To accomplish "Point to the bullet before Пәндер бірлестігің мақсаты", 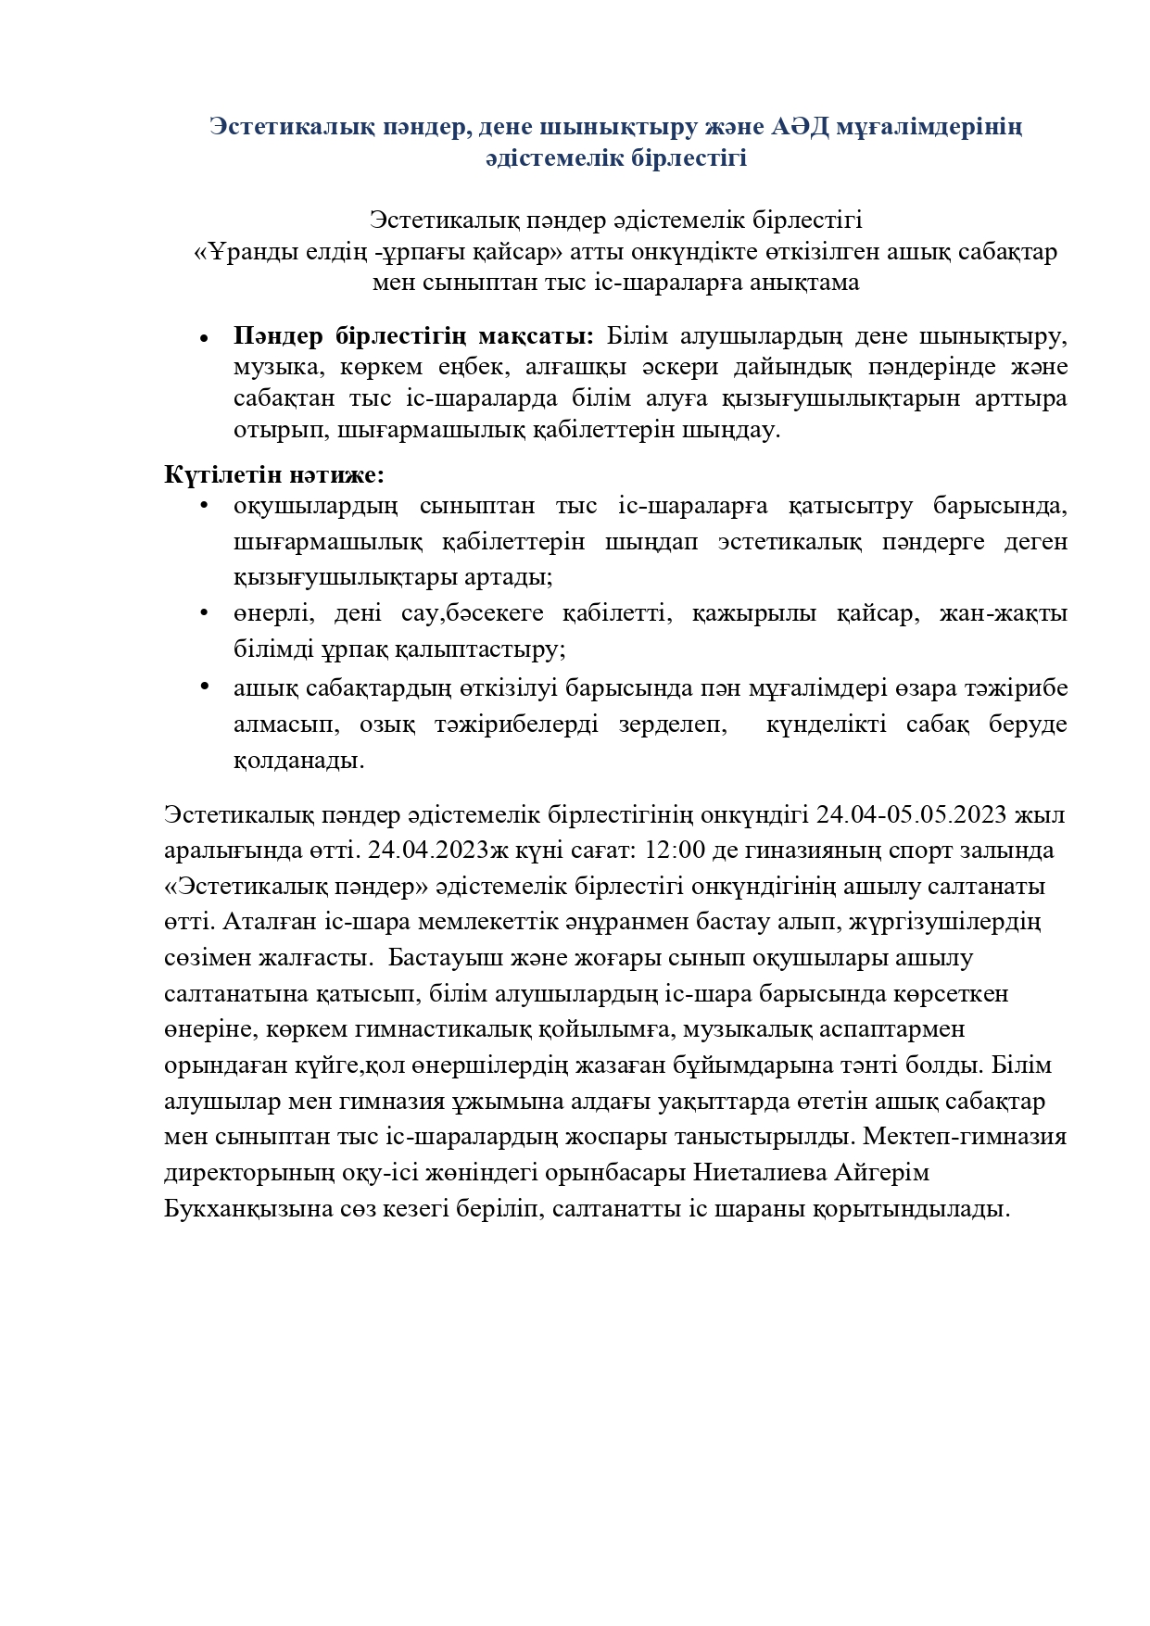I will coord(203,338).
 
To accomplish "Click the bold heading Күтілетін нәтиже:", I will coord(273,475).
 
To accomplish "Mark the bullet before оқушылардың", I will coord(203,505).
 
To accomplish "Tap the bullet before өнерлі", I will coord(203,611).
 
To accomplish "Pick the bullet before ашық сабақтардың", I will coord(203,686).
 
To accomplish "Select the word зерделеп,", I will coord(674,725).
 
